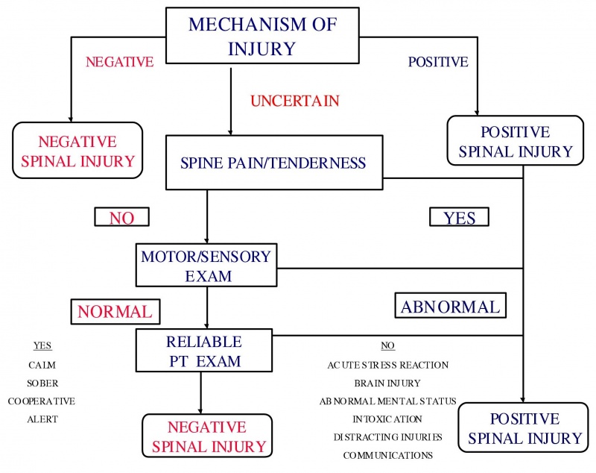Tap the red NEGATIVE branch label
119,62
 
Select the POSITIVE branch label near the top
438,62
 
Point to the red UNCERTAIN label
295,100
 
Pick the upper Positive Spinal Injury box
515,142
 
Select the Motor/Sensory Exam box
206,266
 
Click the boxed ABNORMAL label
450,306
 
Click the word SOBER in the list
42,383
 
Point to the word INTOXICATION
387,419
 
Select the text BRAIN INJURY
387,383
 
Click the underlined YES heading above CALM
42,346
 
